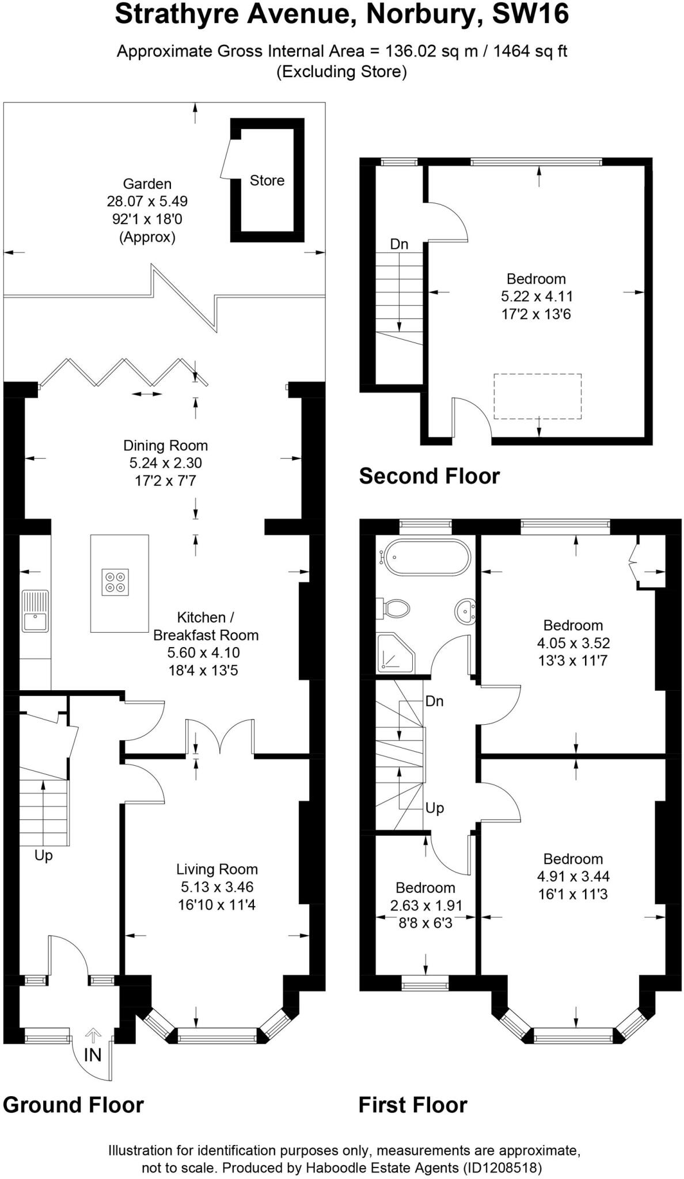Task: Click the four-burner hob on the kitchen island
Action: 115,582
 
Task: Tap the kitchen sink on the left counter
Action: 36,611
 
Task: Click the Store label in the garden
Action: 267,181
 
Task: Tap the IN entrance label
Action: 93,1055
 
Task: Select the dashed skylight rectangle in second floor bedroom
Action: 537,396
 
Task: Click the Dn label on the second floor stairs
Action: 399,244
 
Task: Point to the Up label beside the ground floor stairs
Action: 43,855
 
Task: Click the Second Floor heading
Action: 429,476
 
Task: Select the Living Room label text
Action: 216,869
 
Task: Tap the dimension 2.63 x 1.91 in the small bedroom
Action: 426,906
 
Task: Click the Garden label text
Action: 147,184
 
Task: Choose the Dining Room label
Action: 165,446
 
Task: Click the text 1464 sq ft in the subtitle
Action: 530,51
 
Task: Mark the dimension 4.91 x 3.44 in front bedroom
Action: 573,877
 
